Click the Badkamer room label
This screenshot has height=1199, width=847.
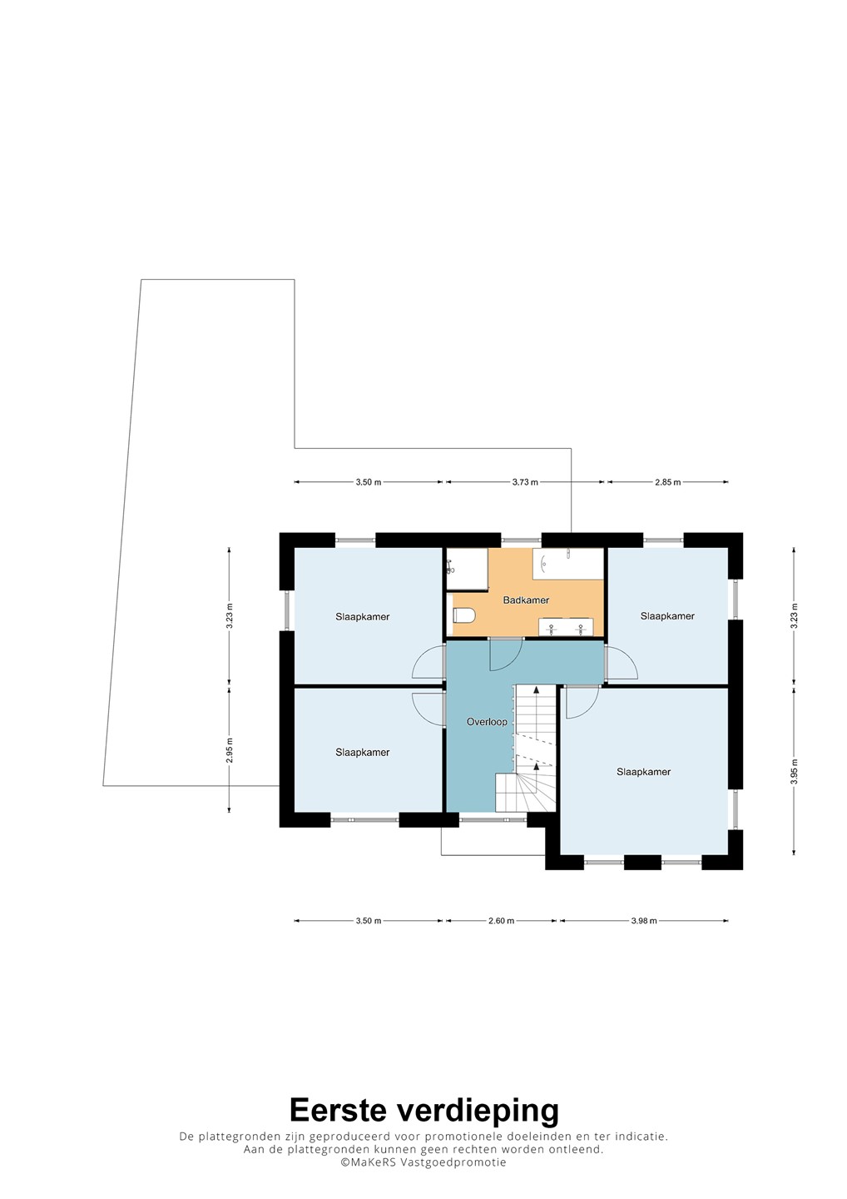click(x=526, y=600)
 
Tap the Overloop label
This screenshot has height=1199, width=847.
click(x=487, y=722)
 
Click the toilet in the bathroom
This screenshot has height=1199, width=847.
click(x=463, y=615)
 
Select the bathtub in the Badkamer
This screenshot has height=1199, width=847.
click(x=568, y=564)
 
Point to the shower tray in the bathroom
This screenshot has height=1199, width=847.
click(x=467, y=570)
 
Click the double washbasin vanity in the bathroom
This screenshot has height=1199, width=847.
click(x=566, y=627)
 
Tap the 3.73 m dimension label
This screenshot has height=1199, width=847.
click(x=524, y=482)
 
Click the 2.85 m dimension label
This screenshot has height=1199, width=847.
click(x=668, y=482)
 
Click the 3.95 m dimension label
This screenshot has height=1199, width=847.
click(x=794, y=771)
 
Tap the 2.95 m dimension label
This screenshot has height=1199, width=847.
click(x=230, y=749)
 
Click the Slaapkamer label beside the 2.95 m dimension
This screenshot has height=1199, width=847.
click(x=363, y=752)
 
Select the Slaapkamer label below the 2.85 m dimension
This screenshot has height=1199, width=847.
click(x=667, y=616)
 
